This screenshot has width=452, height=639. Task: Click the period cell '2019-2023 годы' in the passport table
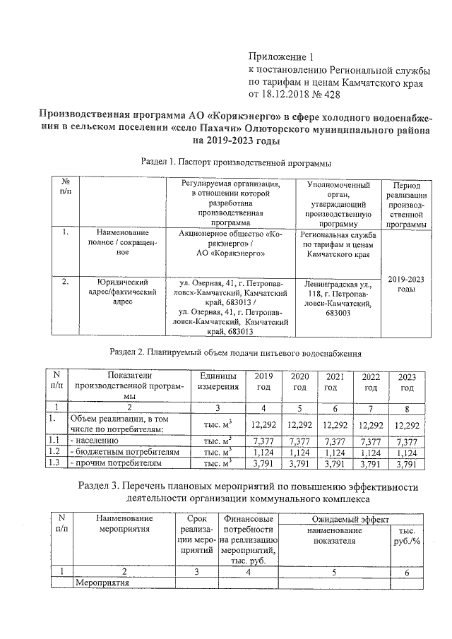(406, 285)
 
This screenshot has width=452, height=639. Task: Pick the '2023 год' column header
(407, 383)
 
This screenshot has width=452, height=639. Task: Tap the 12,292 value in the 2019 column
(263, 425)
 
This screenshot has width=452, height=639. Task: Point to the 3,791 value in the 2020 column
(299, 464)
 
